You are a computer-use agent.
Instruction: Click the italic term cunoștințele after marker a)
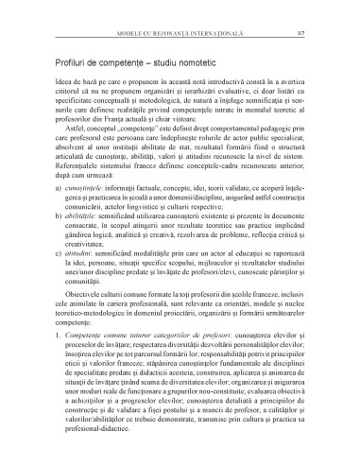(x=77, y=215)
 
